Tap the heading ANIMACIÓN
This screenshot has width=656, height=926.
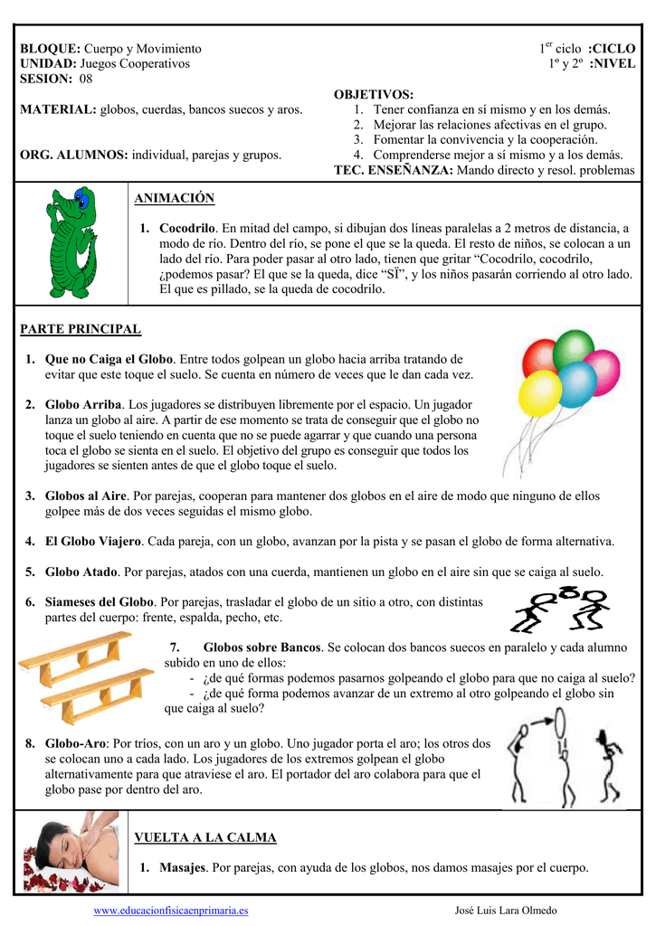point(174,198)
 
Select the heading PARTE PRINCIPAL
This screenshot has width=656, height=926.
point(81,329)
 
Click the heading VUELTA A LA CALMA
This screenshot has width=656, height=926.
point(204,838)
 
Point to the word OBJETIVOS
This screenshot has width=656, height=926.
point(373,95)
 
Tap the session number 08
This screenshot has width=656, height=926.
point(86,80)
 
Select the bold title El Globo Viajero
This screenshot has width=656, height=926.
point(93,541)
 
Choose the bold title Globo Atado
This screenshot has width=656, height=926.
point(81,572)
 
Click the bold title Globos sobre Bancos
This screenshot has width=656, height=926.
point(262,647)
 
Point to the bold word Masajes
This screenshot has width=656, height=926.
point(183,868)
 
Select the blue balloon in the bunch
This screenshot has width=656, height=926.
point(575,383)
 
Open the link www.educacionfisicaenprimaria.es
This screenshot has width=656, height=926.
point(171,911)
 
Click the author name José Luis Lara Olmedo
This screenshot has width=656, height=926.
point(506,911)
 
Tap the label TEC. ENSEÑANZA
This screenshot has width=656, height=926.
point(394,170)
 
